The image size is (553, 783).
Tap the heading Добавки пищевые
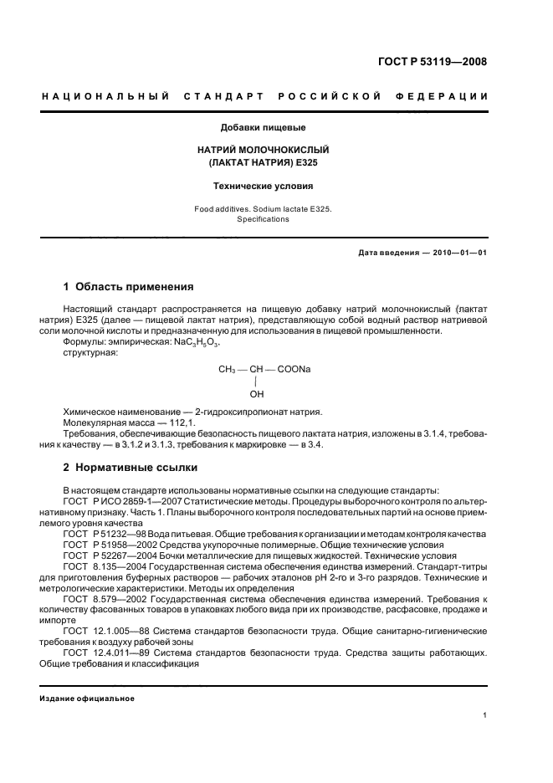262,128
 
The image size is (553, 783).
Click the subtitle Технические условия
262,187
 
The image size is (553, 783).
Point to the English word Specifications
262,219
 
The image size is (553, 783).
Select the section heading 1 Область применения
129,287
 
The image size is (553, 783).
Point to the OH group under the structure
257,393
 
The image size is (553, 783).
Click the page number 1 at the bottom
485,714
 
